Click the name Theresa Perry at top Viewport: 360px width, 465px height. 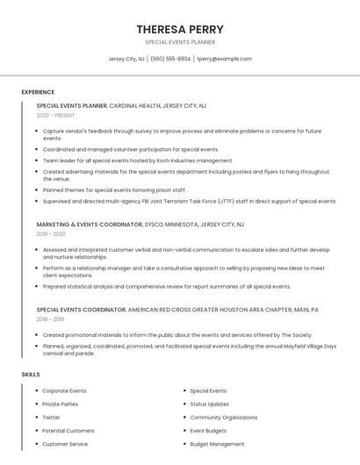tap(180, 29)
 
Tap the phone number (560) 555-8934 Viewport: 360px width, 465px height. tap(170, 59)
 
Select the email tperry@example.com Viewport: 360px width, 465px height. tap(225, 59)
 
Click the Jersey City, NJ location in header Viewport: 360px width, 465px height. tap(126, 59)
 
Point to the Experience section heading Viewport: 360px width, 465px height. tap(38, 92)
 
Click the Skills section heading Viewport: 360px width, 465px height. tap(31, 375)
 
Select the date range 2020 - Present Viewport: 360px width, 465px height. tap(55, 115)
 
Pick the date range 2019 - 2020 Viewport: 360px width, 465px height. tap(51, 234)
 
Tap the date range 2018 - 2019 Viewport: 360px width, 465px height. tap(51, 319)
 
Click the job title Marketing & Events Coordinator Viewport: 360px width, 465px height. tap(89, 225)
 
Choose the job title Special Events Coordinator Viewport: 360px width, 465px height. tap(82, 310)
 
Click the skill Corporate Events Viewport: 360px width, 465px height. tap(64, 390)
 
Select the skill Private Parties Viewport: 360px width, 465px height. tap(61, 404)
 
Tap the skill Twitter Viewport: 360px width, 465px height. tap(52, 418)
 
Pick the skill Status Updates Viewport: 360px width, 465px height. tap(210, 404)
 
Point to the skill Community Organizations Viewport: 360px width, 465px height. tap(224, 418)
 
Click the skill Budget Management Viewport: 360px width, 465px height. tap(217, 444)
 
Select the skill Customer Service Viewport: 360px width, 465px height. tap(65, 444)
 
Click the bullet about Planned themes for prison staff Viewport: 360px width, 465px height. tap(114, 190)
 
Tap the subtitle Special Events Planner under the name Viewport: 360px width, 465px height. tap(180, 42)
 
